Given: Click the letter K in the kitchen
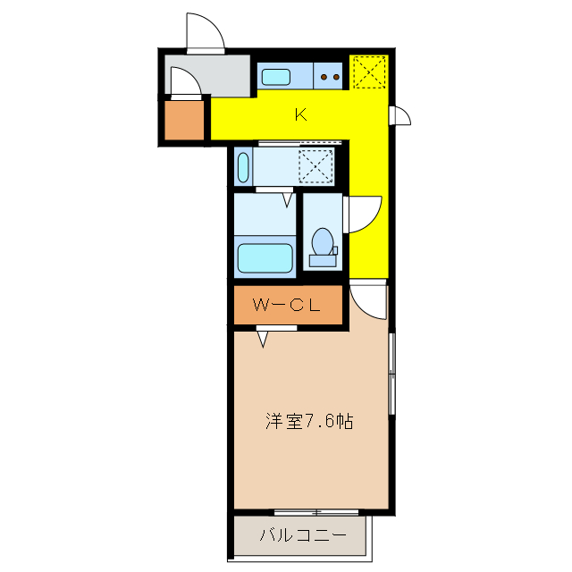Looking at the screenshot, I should [x=300, y=114].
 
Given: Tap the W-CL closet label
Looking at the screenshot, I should [x=287, y=305].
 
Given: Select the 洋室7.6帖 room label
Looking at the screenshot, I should [x=309, y=420].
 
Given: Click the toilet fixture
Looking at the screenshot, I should [x=323, y=246].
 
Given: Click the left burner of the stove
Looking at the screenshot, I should [x=324, y=77].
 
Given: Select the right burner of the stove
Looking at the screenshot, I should [x=336, y=77].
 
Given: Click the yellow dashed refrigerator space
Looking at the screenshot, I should [x=368, y=72].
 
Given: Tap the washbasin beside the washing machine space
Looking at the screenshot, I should [x=244, y=166].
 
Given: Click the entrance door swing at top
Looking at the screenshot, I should [x=205, y=33].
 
